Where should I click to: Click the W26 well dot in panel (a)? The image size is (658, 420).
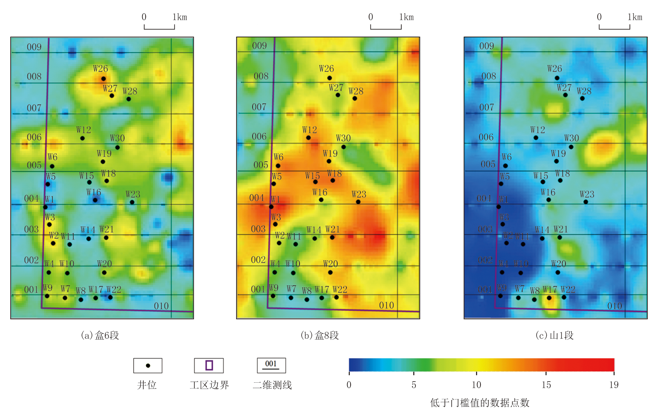[x=103, y=79]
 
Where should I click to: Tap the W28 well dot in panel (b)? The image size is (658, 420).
[x=355, y=98]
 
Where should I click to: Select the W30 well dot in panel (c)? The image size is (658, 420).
[x=571, y=147]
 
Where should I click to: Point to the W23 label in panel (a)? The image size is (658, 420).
[x=133, y=194]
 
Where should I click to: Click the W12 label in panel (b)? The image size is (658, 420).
[x=309, y=130]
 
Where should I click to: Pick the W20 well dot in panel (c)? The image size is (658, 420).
[x=558, y=272]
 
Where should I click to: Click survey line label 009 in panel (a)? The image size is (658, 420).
[x=34, y=47]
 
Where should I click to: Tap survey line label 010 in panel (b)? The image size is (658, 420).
[x=386, y=305]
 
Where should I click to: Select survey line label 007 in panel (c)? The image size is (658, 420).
[x=487, y=107]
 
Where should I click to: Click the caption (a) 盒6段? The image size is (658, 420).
[x=100, y=335]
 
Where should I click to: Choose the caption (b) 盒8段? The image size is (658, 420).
[x=319, y=335]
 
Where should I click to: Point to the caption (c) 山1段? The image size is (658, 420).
[x=554, y=335]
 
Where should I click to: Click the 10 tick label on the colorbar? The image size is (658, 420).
[x=476, y=385]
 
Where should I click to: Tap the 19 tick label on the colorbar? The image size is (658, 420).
[x=614, y=385]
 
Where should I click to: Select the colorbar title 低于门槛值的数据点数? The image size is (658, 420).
[x=480, y=403]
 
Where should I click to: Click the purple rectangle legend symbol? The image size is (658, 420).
[x=209, y=365]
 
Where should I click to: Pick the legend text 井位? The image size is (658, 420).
[x=147, y=385]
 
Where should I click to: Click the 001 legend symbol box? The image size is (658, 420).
[x=271, y=365]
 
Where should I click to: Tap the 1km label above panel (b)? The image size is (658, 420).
[x=406, y=17]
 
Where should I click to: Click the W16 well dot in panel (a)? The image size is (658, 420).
[x=95, y=200]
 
